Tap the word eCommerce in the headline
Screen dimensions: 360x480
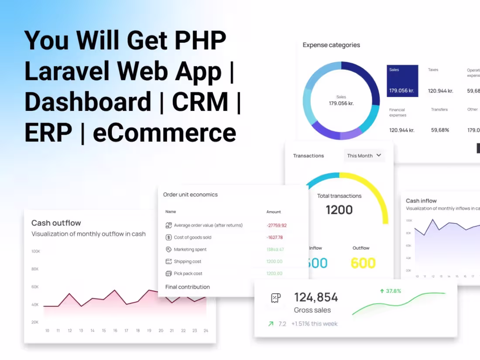point(165,133)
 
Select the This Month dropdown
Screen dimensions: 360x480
point(364,155)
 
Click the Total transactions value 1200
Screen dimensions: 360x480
point(339,210)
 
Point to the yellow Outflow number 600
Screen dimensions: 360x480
point(363,263)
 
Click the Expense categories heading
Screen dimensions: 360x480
point(331,45)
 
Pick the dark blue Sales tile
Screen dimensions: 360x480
point(402,81)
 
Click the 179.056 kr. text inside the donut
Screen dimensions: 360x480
point(341,103)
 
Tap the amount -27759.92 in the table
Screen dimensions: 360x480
point(276,226)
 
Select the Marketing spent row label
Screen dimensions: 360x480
point(190,250)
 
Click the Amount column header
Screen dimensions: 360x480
point(274,212)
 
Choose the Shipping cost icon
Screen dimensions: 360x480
point(169,261)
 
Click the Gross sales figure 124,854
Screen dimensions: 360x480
point(316,298)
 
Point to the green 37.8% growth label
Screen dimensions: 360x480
point(391,291)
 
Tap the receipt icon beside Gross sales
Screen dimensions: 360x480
point(276,298)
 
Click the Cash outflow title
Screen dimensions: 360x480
point(56,223)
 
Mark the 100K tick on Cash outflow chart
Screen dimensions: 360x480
point(35,251)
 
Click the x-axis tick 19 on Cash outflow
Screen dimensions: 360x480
point(149,331)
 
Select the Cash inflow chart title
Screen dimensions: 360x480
point(421,201)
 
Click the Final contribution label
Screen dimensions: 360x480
point(188,287)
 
